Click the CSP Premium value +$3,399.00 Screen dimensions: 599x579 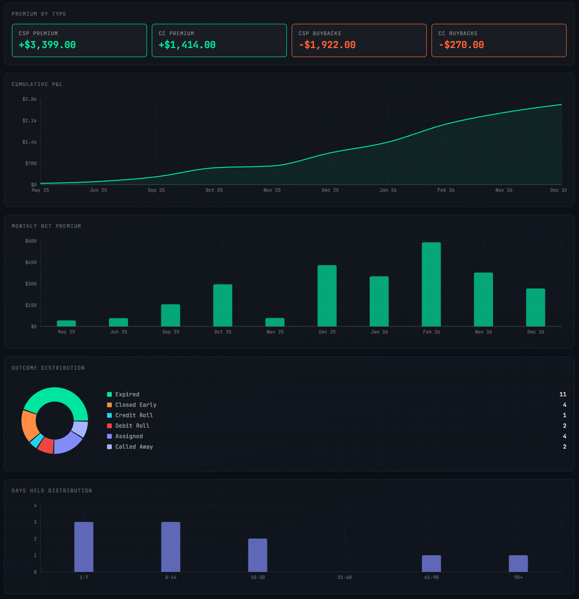[x=47, y=45]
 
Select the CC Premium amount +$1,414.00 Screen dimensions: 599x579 [x=187, y=45]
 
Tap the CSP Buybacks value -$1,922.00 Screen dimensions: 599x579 [x=327, y=45]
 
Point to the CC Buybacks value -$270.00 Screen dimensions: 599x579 [x=461, y=45]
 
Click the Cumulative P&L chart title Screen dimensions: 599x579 [x=37, y=84]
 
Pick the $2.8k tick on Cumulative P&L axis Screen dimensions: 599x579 [x=29, y=99]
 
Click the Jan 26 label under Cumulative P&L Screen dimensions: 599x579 [x=388, y=190]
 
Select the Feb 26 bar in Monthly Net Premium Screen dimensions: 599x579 [x=431, y=284]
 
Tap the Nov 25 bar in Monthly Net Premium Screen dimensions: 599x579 [x=275, y=322]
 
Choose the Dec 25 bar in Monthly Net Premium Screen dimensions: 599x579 [x=327, y=295]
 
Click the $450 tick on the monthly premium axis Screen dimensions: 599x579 [x=31, y=263]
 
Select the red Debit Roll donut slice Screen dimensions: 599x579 [x=46, y=445]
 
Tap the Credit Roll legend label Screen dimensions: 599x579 [x=134, y=415]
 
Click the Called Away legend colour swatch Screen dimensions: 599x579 [x=109, y=447]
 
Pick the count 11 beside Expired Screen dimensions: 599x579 [x=563, y=394]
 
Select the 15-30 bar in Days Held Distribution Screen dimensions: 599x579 [x=257, y=555]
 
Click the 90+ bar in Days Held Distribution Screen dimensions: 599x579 [x=518, y=563]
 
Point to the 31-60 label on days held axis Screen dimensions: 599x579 [x=344, y=578]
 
